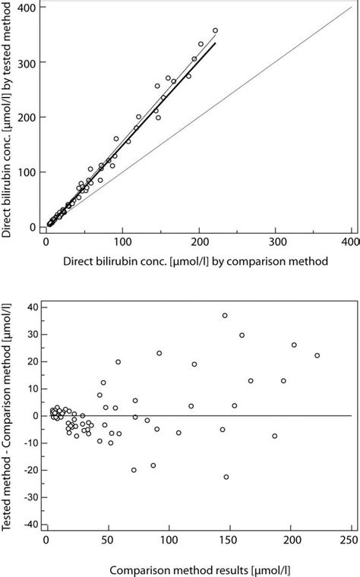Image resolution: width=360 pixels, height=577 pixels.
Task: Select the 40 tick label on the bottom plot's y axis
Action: tap(31, 307)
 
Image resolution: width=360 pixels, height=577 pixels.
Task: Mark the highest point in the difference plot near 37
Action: tap(225, 315)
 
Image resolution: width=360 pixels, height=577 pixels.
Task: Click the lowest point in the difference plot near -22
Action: tap(226, 477)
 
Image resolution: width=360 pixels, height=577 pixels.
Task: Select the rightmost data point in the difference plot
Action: tap(317, 355)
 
